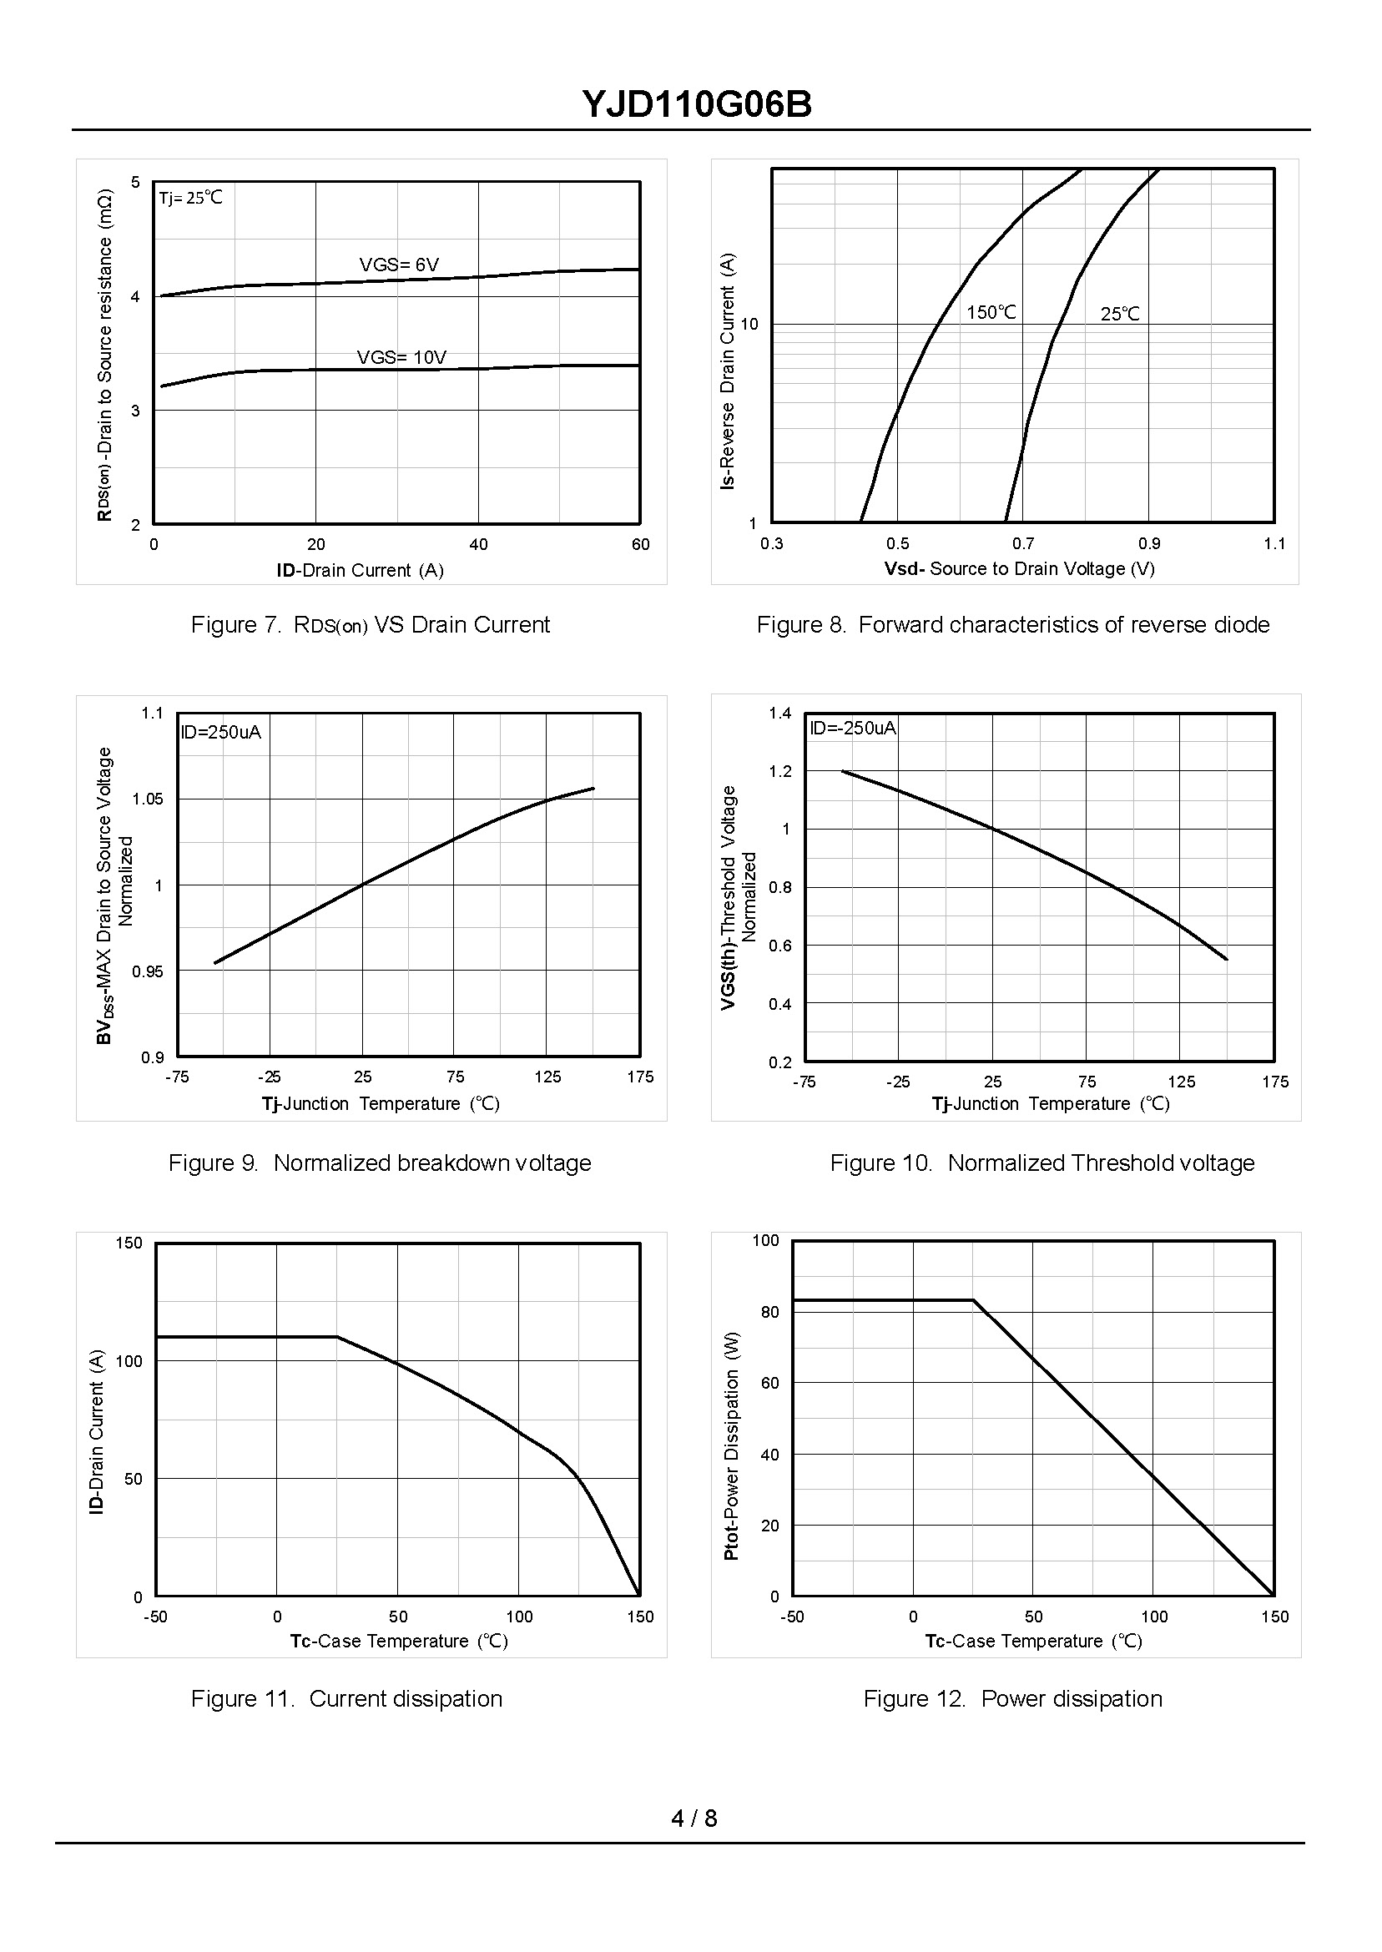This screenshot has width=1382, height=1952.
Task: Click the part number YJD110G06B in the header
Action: (697, 104)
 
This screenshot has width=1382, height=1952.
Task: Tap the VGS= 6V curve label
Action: (399, 265)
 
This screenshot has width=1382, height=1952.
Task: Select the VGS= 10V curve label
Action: (401, 357)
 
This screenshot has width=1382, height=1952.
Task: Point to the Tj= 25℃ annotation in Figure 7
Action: (190, 198)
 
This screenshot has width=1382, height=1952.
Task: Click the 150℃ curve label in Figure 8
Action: (991, 312)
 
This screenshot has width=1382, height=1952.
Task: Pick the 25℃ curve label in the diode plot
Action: (1120, 314)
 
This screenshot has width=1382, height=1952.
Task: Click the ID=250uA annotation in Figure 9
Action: (220, 732)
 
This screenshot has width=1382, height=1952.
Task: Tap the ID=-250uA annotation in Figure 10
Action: (853, 728)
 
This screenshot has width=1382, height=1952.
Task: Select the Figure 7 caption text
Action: (371, 624)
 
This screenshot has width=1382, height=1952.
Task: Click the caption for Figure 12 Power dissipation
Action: (1012, 1698)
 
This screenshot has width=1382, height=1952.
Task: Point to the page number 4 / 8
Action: (694, 1818)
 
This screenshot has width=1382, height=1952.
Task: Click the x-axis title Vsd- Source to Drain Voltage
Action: (1020, 568)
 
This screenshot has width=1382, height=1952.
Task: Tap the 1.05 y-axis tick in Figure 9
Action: (147, 799)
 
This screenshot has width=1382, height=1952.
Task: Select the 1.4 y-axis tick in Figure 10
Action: (780, 713)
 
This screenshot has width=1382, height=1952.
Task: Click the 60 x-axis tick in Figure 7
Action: (641, 545)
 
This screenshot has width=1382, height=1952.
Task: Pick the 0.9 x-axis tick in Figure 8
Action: (1149, 544)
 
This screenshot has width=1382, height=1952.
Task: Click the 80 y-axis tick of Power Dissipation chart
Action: (770, 1312)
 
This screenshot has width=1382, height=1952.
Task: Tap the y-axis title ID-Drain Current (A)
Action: (97, 1431)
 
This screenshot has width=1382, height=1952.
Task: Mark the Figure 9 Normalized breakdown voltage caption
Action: (380, 1163)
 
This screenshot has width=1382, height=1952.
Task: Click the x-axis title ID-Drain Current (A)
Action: (360, 570)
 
